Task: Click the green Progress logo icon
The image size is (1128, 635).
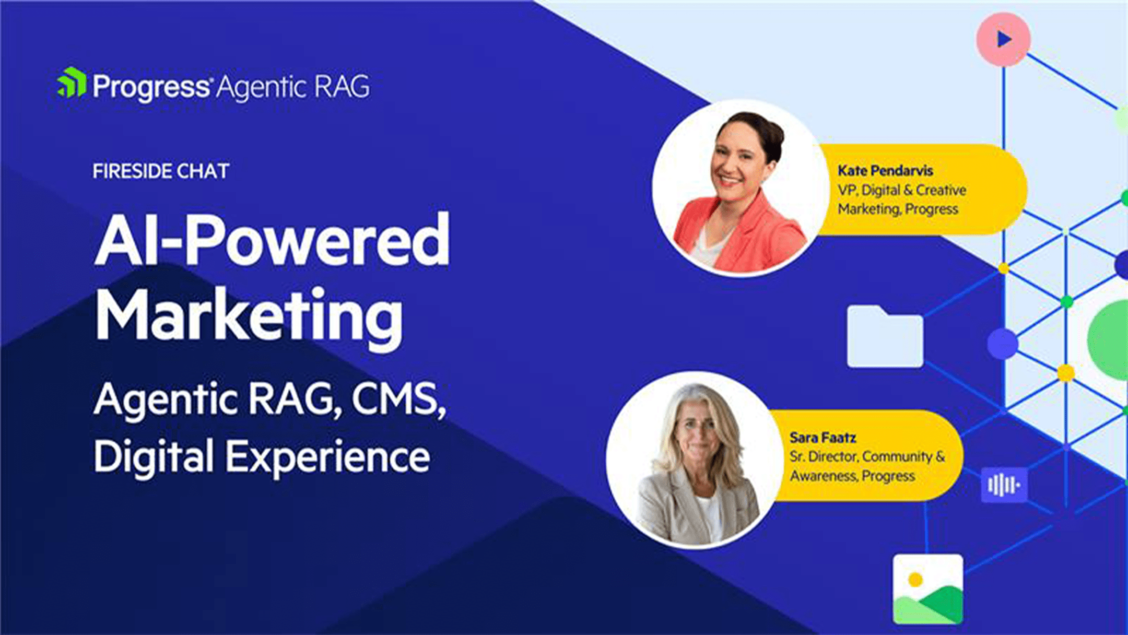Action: (72, 83)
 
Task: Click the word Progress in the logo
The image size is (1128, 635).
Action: (151, 87)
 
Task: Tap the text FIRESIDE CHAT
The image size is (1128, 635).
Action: (161, 171)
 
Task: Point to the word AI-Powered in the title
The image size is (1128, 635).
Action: (272, 240)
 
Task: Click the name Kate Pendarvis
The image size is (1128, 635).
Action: (885, 171)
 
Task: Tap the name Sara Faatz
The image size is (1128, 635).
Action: (822, 438)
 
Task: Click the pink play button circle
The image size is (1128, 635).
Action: (1003, 39)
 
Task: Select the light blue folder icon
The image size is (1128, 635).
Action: (885, 336)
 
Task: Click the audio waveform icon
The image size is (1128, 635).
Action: (1004, 485)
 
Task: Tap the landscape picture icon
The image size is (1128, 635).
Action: (928, 589)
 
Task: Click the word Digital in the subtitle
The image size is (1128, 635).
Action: (154, 455)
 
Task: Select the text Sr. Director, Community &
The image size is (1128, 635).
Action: (867, 457)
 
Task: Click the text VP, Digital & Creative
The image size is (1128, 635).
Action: (902, 190)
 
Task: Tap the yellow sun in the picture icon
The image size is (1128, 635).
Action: (915, 579)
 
